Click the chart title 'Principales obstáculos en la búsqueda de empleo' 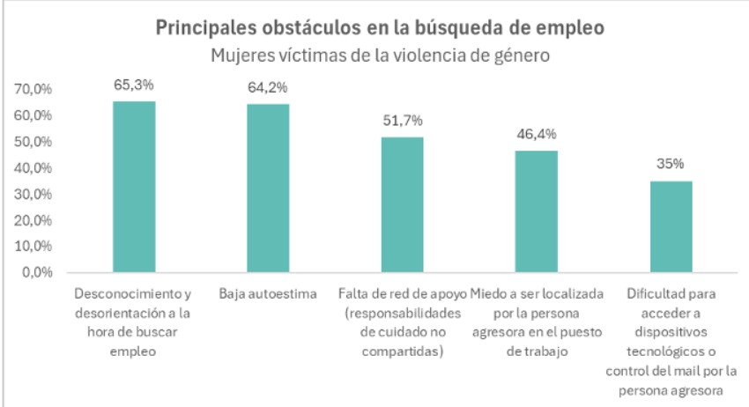pyautogui.click(x=380, y=27)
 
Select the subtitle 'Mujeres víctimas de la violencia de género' pyautogui.click(x=380, y=55)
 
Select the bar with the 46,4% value pyautogui.click(x=536, y=211)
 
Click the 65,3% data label pyautogui.click(x=134, y=85)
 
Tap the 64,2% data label pyautogui.click(x=268, y=88)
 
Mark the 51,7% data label pyautogui.click(x=402, y=122)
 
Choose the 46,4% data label pyautogui.click(x=536, y=135)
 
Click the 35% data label pyautogui.click(x=671, y=165)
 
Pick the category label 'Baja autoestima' pyautogui.click(x=268, y=293)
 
